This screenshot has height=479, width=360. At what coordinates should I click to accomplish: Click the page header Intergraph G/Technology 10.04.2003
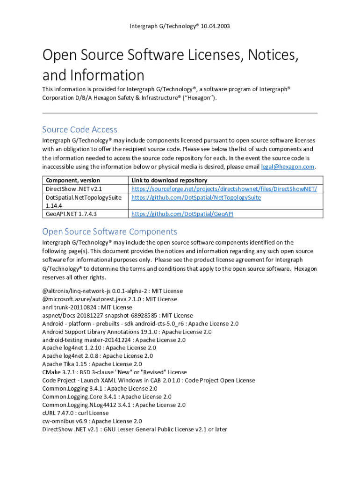pos(180,26)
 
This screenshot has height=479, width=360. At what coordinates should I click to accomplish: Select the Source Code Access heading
pos(79,130)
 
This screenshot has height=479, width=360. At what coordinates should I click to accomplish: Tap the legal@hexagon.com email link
pos(288,167)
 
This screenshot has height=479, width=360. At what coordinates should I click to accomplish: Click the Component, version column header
pos(72,180)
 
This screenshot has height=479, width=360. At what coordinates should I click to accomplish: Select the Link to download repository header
pos(169,180)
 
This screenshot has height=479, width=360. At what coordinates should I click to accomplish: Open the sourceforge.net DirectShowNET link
pos(224,189)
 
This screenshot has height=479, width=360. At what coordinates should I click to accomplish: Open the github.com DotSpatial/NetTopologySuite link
pos(196,197)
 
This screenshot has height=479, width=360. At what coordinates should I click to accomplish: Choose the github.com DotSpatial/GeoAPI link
pos(182,214)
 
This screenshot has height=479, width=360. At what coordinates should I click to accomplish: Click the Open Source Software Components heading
pos(109,232)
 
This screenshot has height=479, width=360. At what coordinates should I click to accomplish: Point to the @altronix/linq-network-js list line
pos(112,291)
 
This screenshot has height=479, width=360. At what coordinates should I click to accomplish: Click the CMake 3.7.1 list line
pos(114,372)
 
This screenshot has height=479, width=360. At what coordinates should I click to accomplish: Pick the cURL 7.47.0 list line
pos(76,413)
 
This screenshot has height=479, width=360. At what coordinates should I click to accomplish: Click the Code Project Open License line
pos(149,380)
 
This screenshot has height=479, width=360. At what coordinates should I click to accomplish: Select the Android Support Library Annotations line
pos(127,332)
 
